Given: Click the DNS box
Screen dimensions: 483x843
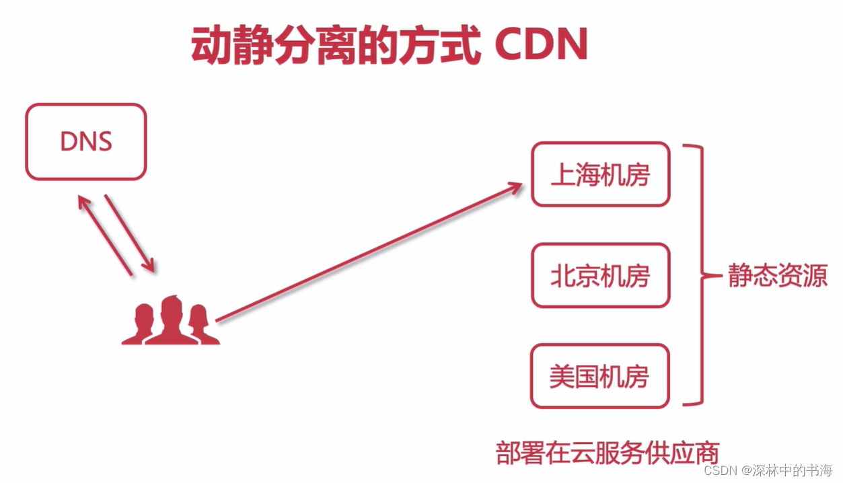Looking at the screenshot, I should pos(86,141).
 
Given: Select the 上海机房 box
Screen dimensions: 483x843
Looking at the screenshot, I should pos(600,174).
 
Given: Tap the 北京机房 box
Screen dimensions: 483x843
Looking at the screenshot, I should pos(600,275).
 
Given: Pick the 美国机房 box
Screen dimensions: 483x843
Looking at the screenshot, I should pos(600,376).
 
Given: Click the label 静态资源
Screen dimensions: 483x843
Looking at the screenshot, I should pos(777,276).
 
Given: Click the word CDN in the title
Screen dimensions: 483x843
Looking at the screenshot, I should pos(541,46).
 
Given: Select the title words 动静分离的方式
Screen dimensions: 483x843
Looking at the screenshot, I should pos(335,46).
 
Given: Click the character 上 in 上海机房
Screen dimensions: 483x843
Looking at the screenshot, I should pos(563,175).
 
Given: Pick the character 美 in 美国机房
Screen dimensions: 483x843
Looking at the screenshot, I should pos(562,377).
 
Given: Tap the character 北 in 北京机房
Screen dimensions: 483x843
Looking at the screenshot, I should pos(562,276).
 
